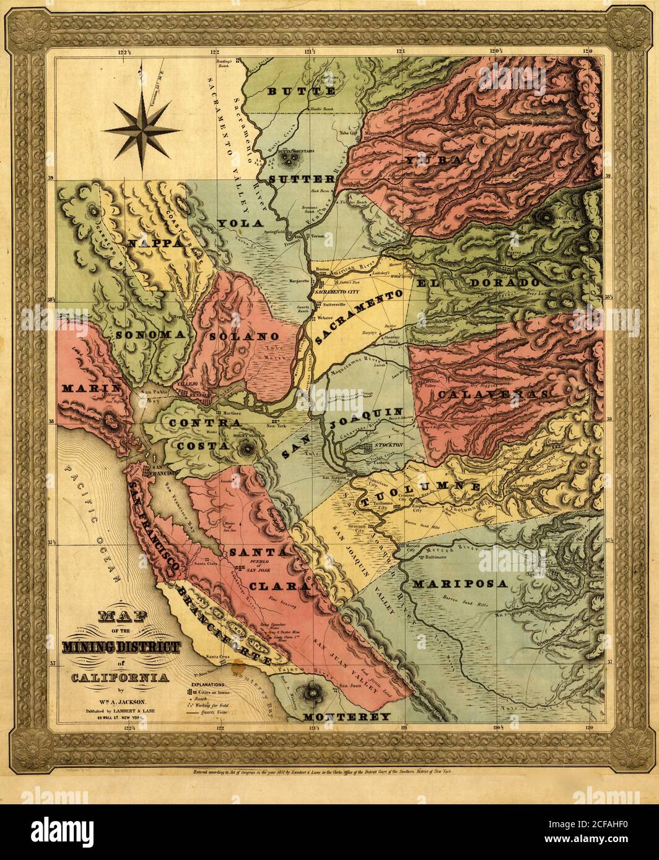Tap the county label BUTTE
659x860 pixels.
pos(302,92)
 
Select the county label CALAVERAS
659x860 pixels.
pos(492,394)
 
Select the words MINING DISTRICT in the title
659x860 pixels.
pos(121,648)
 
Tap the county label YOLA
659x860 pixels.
pos(238,222)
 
